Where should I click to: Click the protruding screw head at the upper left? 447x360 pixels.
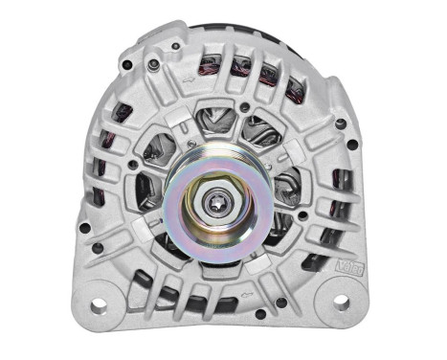[x=152, y=65]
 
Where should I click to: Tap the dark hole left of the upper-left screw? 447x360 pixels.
[x=126, y=65]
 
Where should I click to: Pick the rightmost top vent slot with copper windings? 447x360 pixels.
[x=295, y=90]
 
